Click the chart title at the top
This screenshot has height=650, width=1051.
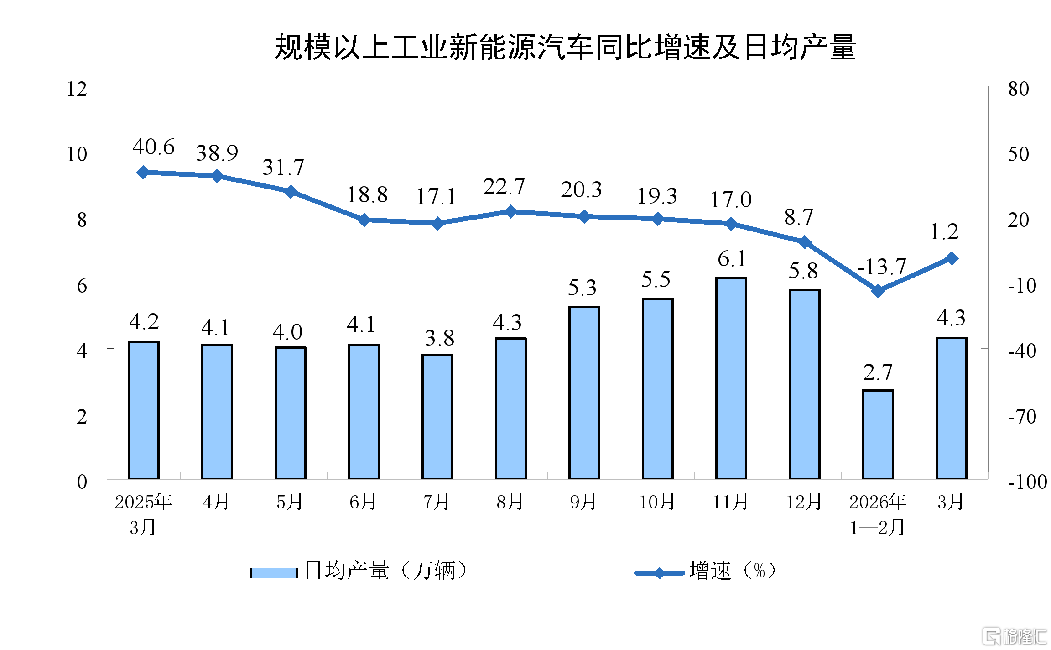point(565,47)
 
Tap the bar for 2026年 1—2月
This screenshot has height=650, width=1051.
point(878,434)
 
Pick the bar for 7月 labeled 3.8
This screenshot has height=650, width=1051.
point(437,416)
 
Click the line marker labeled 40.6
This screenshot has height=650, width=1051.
point(143,172)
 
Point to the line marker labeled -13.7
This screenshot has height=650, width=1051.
point(878,290)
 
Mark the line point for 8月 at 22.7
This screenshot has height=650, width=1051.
point(511,211)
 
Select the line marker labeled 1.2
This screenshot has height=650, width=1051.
point(952,258)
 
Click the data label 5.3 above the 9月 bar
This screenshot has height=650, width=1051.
point(582,288)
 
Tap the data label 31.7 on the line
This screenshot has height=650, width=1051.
point(283,167)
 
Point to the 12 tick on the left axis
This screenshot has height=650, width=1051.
point(77,89)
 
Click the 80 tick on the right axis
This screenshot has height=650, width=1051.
point(1018,89)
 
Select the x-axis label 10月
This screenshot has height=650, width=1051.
point(657,502)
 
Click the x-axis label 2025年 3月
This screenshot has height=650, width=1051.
point(143,514)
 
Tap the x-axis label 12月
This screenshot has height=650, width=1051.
point(804,502)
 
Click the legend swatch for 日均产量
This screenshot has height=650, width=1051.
point(274,573)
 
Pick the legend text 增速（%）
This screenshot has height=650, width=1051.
point(733,571)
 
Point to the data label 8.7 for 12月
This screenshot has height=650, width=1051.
point(798,217)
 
